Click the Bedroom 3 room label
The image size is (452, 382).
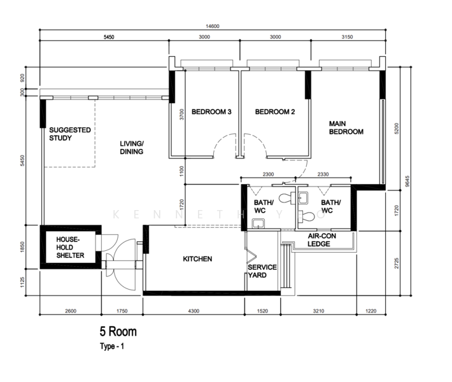tap(211, 112)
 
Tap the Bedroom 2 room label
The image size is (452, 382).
tap(275, 112)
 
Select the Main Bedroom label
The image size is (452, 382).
tap(346, 128)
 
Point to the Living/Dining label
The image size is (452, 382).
tap(132, 148)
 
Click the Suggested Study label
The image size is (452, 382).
tap(70, 134)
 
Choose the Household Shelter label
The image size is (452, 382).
tap(70, 248)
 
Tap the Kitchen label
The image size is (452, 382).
tap(197, 259)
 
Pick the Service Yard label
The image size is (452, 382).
tap(262, 271)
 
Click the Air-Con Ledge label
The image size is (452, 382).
tap(321, 240)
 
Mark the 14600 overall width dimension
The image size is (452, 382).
tap(213, 26)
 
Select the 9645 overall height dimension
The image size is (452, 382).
tap(407, 181)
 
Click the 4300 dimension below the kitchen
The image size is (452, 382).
tap(194, 311)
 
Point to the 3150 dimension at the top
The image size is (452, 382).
tap(347, 37)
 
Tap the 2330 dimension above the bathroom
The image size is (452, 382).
tap(323, 174)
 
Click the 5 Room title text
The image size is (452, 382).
tap(118, 332)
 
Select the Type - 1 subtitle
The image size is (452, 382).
tap(112, 346)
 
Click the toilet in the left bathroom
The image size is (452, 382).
tap(287, 198)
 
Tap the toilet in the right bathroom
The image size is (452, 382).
tap(306, 216)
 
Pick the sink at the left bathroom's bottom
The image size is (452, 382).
tap(258, 223)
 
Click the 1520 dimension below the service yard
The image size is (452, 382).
tap(262, 311)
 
